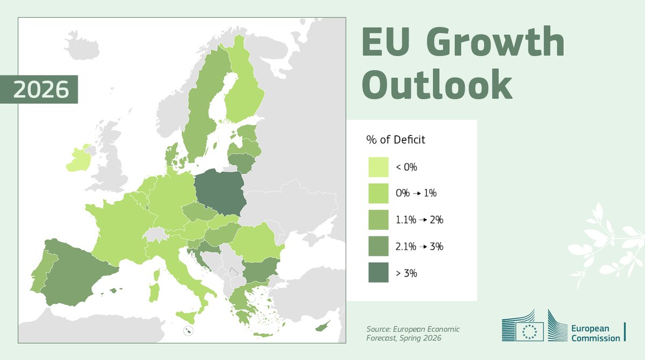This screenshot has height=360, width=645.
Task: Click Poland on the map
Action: [220, 192]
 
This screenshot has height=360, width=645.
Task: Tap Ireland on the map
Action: [78, 159]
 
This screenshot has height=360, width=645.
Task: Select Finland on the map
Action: [244, 87]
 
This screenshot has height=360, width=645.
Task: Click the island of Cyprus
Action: [322, 327]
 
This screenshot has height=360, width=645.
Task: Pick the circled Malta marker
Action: [188, 330]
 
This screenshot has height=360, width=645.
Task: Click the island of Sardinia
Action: [154, 292]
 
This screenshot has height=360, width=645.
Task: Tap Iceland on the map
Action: [82, 46]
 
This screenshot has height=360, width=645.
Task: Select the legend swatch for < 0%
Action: [378, 167]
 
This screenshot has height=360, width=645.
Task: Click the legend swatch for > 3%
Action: [378, 272]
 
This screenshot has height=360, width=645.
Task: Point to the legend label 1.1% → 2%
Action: [419, 220]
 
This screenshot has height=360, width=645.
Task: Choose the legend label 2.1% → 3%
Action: [419, 247]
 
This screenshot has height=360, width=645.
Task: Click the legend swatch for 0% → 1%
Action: [378, 193]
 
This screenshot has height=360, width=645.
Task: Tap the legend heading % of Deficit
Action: [396, 140]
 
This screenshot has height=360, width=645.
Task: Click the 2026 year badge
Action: [39, 89]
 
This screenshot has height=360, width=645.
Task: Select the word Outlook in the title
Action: [437, 84]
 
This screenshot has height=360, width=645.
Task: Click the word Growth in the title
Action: [495, 41]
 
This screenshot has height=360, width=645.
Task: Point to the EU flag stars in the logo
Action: [529, 332]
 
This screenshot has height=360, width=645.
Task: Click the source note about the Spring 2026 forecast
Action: [413, 333]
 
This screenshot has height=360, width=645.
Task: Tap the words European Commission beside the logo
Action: [596, 333]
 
